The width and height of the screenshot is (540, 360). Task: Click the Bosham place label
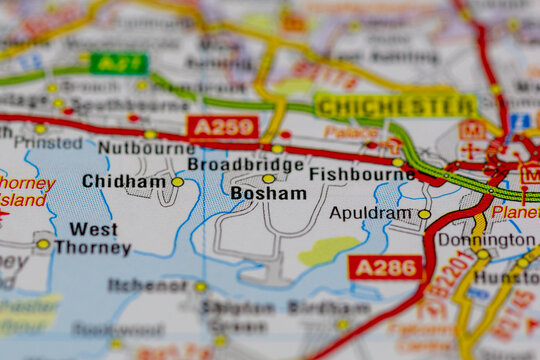[x=268, y=193]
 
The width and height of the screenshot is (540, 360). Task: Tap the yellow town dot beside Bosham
[x=268, y=178]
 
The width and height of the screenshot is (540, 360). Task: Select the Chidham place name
[x=124, y=182]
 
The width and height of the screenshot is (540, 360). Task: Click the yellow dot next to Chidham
[x=177, y=182]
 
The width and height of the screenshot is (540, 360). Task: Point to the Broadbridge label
[x=245, y=164]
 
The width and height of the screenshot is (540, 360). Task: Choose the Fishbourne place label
[x=361, y=174]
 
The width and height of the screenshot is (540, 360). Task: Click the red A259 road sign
[x=222, y=127]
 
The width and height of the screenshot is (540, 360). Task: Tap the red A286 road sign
[x=385, y=267]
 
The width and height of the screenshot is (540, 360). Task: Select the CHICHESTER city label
[x=381, y=105]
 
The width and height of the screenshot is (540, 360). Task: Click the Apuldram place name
[x=370, y=213]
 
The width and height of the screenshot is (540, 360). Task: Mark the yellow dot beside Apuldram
[x=424, y=213]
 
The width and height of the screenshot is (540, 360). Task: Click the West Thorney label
[x=93, y=238]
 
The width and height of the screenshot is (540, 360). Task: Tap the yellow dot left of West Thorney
[x=43, y=243]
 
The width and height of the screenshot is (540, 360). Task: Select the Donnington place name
[x=486, y=240]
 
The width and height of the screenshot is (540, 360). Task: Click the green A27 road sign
[x=118, y=63]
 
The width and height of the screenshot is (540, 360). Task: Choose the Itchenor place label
[x=147, y=286]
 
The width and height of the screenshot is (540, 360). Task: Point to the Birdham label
[x=315, y=307]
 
